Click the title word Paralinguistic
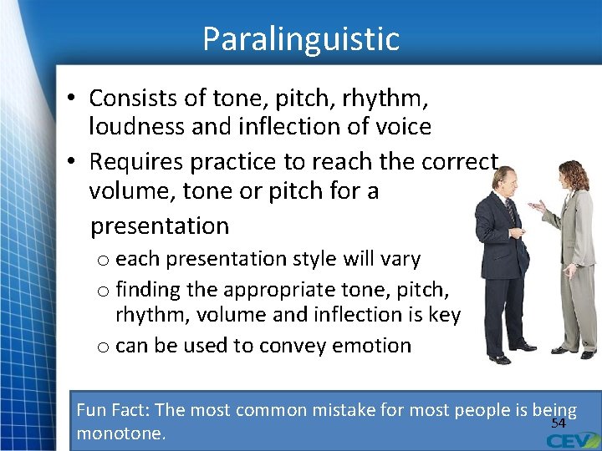coord(301,38)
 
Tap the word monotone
coord(120,434)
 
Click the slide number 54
coord(559,423)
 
